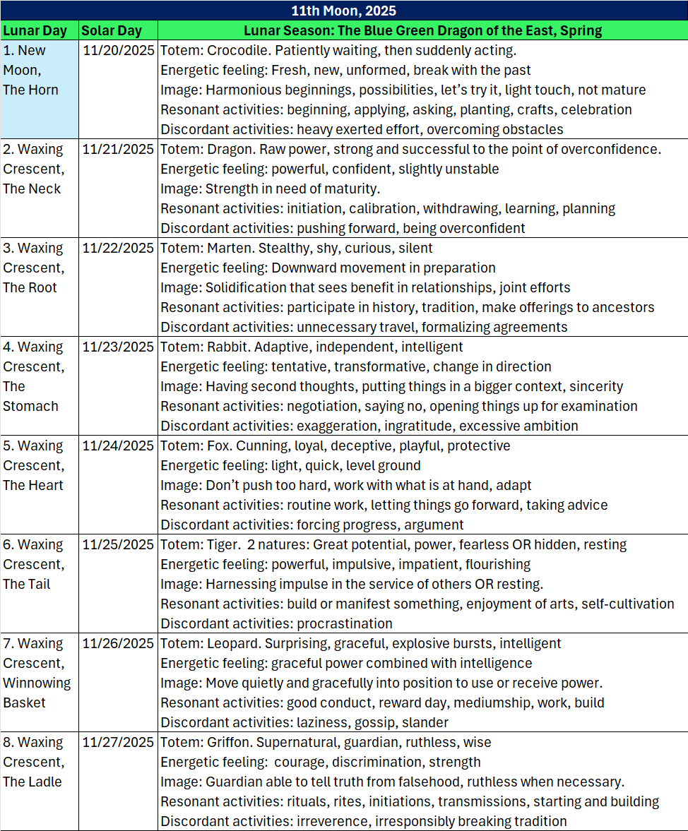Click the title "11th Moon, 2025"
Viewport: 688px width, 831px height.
coord(344,11)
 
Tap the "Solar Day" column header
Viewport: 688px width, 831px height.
coord(111,30)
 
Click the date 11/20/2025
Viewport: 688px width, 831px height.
coord(118,51)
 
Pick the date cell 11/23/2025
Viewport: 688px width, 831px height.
coord(118,347)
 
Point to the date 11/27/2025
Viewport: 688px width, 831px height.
coord(118,742)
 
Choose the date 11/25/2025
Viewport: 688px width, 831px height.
coord(118,544)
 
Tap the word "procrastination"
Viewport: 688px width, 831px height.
coord(345,623)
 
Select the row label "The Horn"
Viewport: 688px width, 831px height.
coord(31,90)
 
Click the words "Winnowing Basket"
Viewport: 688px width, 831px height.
coord(37,693)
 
